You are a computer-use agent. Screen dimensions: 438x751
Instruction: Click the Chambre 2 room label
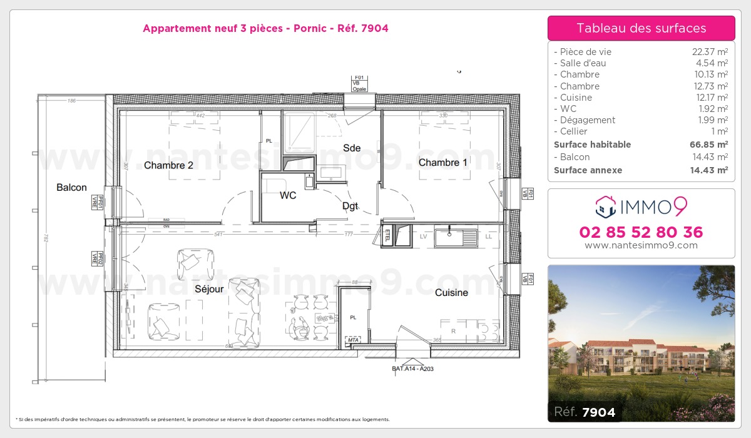168,165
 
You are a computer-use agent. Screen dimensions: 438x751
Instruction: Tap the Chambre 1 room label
442,163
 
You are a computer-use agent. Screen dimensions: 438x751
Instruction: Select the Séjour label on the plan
209,289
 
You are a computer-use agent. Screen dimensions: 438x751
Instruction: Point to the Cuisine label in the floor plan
451,292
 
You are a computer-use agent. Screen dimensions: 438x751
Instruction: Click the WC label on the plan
288,195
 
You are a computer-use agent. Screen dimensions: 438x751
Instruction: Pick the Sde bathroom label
352,148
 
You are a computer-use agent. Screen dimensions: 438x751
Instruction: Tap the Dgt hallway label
350,206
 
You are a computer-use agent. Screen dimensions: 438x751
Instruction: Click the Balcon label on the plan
71,187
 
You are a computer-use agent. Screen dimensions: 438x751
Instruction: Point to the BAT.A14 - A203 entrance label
412,369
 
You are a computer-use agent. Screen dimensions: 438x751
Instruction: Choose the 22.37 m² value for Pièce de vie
708,52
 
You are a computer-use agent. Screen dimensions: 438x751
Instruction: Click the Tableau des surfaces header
641,28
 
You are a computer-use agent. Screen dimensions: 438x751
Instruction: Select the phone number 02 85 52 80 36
641,232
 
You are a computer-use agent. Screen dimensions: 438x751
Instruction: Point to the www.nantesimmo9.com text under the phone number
641,245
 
